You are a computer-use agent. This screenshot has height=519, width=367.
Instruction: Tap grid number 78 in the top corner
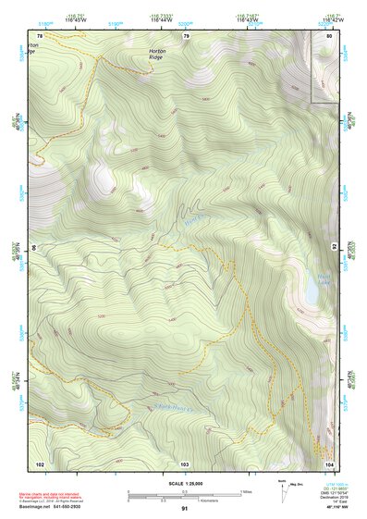click(x=40, y=35)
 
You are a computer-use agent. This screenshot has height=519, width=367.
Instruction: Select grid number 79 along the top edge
click(x=186, y=35)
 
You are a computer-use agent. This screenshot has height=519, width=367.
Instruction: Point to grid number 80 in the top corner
click(x=329, y=35)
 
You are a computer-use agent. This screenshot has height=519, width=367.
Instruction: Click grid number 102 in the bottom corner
click(x=40, y=463)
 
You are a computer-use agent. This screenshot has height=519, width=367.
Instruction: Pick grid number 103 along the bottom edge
click(x=184, y=463)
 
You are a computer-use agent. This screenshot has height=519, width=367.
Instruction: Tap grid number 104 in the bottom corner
click(x=329, y=463)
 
